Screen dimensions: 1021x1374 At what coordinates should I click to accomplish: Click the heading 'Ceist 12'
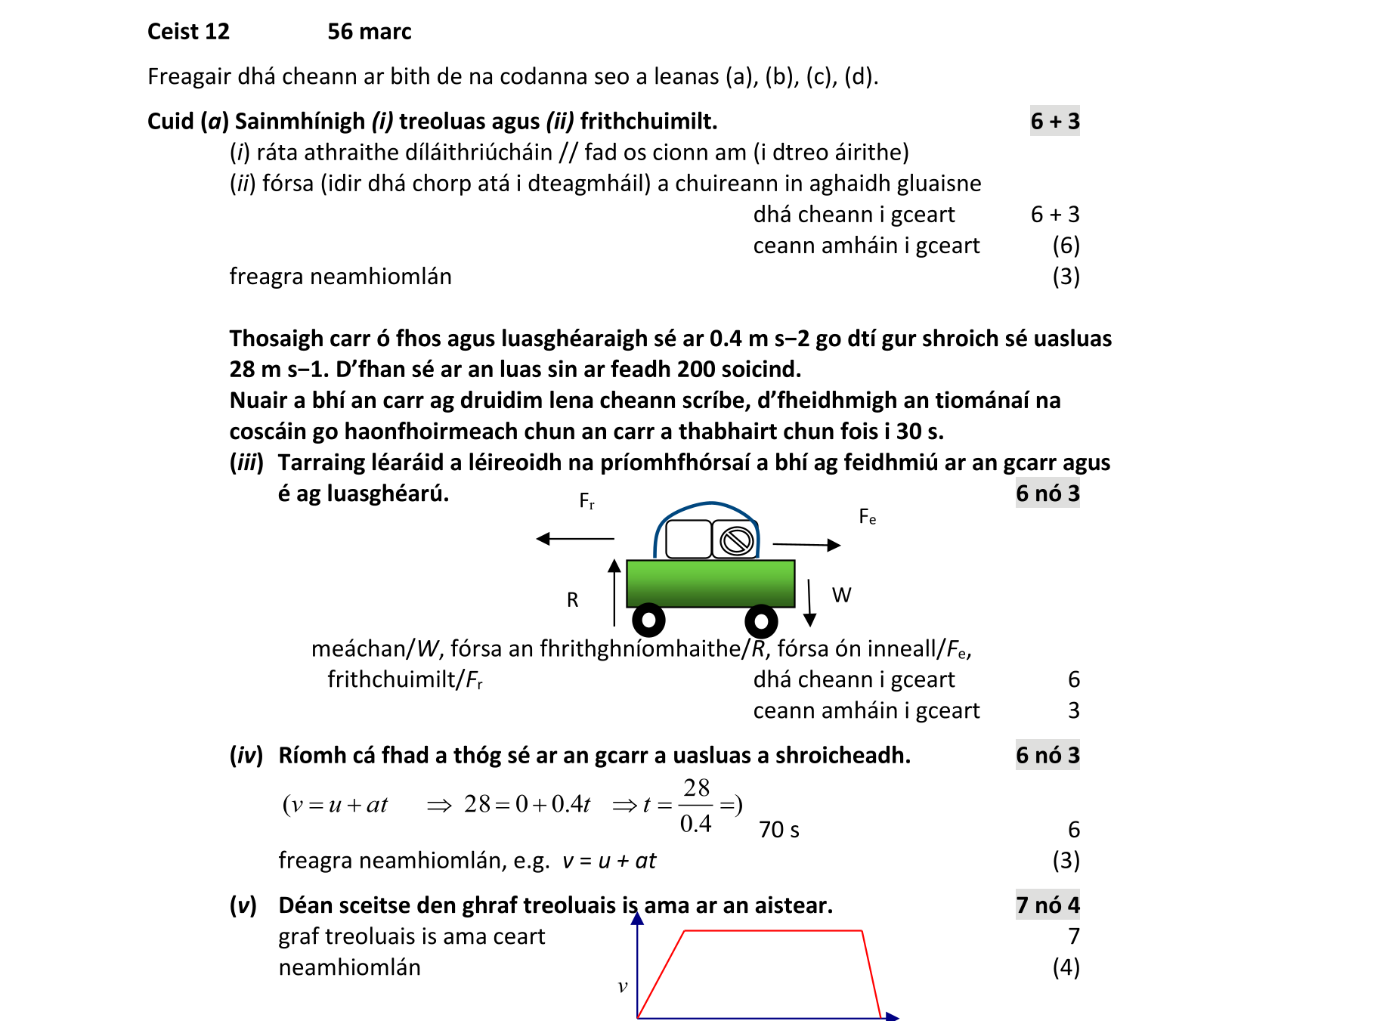click(x=188, y=32)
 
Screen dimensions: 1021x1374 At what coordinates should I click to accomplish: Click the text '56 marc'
click(x=369, y=32)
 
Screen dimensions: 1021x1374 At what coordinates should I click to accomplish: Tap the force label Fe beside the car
click(x=867, y=517)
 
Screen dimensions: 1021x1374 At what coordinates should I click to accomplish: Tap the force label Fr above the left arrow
click(x=586, y=501)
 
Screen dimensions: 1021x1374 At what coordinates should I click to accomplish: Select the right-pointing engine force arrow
click(x=806, y=544)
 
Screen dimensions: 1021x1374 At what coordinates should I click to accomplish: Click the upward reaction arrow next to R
click(x=614, y=592)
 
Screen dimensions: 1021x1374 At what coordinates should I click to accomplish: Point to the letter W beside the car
click(x=841, y=596)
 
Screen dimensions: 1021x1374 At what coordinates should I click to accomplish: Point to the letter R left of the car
click(x=572, y=600)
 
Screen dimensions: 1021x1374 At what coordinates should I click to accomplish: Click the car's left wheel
click(x=648, y=620)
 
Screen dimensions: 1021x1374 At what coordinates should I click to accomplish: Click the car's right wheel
click(x=761, y=621)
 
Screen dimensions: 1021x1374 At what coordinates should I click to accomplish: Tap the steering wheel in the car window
click(x=736, y=540)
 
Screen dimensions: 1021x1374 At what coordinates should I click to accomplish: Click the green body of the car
click(x=710, y=583)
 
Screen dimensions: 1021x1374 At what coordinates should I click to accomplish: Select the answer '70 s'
click(x=778, y=830)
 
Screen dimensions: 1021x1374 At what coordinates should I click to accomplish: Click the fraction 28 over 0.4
click(x=696, y=806)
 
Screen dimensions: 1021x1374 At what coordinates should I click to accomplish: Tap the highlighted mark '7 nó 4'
click(x=1047, y=905)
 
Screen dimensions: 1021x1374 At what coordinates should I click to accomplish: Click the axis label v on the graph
click(x=623, y=986)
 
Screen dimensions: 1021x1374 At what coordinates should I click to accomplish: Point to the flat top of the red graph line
click(x=772, y=931)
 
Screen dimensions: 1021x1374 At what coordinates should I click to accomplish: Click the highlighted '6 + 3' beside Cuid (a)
click(x=1054, y=121)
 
